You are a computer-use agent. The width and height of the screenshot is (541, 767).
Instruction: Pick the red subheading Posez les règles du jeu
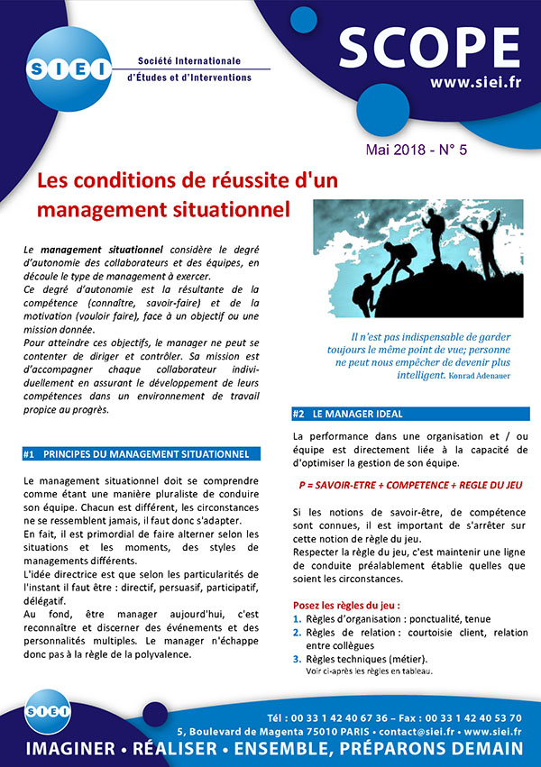347,603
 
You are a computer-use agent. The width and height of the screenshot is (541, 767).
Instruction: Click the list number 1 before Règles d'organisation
298,618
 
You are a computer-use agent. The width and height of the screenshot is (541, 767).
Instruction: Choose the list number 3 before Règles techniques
298,660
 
